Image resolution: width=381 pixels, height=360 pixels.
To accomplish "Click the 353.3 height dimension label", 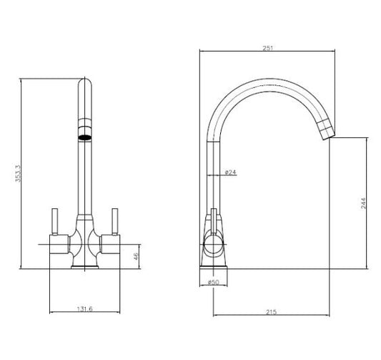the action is [18, 173].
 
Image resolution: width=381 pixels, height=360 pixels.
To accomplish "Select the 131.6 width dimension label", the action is [85, 309].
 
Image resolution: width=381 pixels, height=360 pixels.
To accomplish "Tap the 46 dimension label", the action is [136, 256].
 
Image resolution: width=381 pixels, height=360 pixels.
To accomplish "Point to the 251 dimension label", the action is [268, 48].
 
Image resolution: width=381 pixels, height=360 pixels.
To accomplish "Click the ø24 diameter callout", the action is [230, 172].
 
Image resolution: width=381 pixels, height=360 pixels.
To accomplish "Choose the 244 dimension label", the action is [363, 203].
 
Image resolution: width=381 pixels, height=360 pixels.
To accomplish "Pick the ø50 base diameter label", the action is [213, 282].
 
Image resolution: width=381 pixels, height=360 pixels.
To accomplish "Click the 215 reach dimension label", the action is [271, 312].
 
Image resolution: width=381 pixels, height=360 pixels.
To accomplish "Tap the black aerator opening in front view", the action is [85, 137].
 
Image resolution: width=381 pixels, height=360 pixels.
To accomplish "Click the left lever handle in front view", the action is [54, 222].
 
